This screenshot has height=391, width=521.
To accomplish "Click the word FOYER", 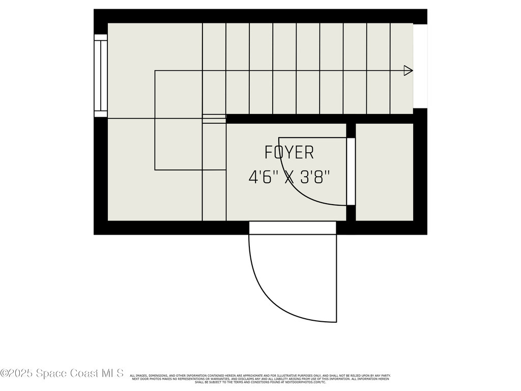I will pyautogui.click(x=289, y=152).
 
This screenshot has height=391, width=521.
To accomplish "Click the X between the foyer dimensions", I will pyautogui.click(x=290, y=177).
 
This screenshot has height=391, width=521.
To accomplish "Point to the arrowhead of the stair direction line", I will pyautogui.click(x=408, y=71).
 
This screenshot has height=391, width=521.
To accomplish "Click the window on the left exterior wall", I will pyautogui.click(x=101, y=76).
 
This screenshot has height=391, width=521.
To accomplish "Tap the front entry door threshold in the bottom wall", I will pyautogui.click(x=293, y=228).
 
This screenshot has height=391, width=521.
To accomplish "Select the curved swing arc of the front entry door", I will pyautogui.click(x=275, y=300).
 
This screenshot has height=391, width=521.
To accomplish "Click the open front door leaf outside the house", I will pyautogui.click(x=336, y=278).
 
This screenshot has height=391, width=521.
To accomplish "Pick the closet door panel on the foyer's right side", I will pyautogui.click(x=351, y=171).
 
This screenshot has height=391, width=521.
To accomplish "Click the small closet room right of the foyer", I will pyautogui.click(x=384, y=172).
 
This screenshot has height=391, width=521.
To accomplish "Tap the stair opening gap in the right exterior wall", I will pyautogui.click(x=420, y=66).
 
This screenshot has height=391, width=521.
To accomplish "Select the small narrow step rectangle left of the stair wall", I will pyautogui.click(x=214, y=119).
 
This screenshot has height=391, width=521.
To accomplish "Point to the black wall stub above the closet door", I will pyautogui.click(x=351, y=130).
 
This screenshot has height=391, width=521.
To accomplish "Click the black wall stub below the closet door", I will pyautogui.click(x=351, y=212).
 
